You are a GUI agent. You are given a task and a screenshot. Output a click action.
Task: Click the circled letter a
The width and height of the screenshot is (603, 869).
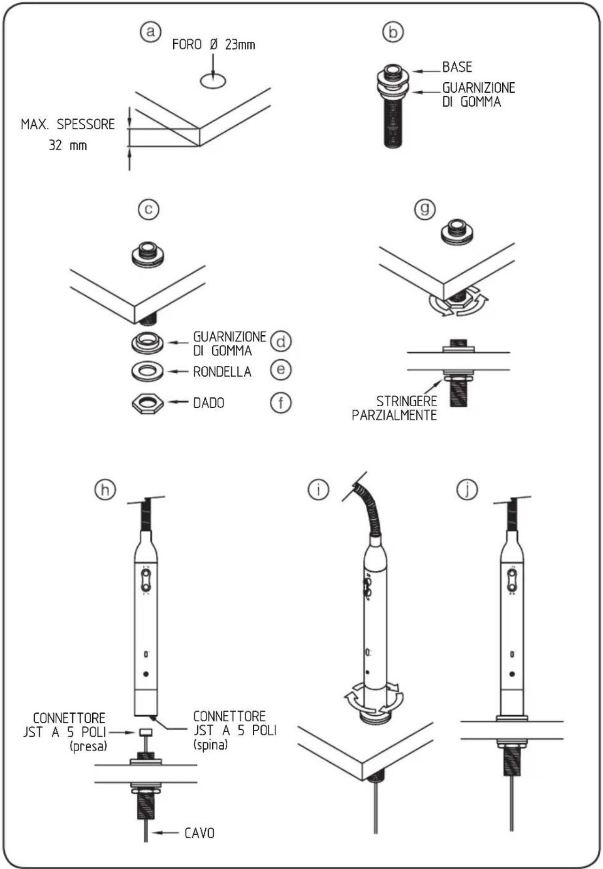(x=150, y=32)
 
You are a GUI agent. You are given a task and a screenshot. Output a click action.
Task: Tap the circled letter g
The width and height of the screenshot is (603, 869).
(x=425, y=209)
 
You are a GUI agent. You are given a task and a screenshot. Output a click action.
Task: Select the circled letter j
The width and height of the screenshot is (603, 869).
(x=467, y=490)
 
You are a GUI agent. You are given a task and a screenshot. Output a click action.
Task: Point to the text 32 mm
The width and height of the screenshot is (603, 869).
(x=68, y=145)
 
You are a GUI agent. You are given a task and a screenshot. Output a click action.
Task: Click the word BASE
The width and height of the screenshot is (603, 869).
(x=457, y=67)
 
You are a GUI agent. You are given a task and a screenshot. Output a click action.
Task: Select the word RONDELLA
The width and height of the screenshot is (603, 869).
(x=222, y=372)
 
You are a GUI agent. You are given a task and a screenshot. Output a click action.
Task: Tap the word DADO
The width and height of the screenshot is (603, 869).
(x=209, y=403)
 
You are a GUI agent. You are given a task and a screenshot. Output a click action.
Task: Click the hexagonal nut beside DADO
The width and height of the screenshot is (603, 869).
(x=147, y=403)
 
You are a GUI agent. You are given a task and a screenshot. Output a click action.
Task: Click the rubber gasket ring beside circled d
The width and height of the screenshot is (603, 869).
(x=147, y=342)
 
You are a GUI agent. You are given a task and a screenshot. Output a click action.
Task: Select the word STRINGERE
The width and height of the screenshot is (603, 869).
(x=407, y=401)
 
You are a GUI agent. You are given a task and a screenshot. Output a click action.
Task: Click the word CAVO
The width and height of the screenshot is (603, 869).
(x=200, y=833)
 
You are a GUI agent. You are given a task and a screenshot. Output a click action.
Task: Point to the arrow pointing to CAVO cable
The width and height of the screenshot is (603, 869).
(x=166, y=833)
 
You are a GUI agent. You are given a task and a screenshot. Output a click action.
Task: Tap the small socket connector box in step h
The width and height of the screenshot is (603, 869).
(x=145, y=733)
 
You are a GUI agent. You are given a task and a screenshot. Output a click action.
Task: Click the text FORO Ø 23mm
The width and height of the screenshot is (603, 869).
(x=214, y=45)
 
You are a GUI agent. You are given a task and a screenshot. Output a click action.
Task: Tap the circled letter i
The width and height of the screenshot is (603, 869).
(x=318, y=490)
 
